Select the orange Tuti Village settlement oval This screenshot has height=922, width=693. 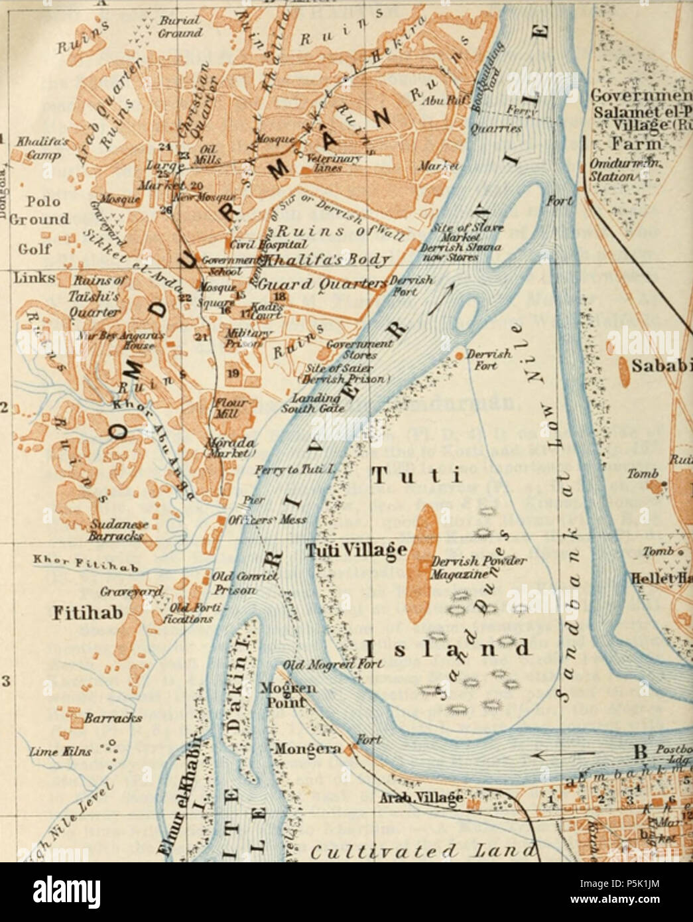tap(420, 563)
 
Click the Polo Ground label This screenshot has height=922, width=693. tap(41, 210)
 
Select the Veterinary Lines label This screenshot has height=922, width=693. tap(324, 163)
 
